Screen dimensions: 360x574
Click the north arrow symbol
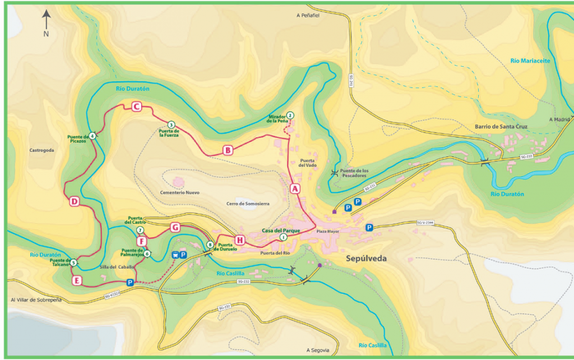point(47,21)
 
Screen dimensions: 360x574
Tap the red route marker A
point(294,189)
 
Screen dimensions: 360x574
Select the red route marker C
point(136,106)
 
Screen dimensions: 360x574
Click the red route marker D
point(75,202)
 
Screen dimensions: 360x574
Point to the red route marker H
point(240,241)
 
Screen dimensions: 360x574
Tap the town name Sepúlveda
point(367,259)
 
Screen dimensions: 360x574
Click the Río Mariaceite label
point(530,61)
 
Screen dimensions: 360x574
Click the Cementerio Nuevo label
point(179,192)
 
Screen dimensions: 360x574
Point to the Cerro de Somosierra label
point(245,203)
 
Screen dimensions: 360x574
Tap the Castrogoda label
point(41,150)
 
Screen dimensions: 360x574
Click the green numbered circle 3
point(171,124)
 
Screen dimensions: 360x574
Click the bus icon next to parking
point(175,255)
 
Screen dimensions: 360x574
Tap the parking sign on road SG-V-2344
point(369,227)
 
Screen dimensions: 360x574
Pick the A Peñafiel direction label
point(308,16)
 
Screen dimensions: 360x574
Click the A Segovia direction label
point(318,350)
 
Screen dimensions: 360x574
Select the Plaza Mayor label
point(328,231)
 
